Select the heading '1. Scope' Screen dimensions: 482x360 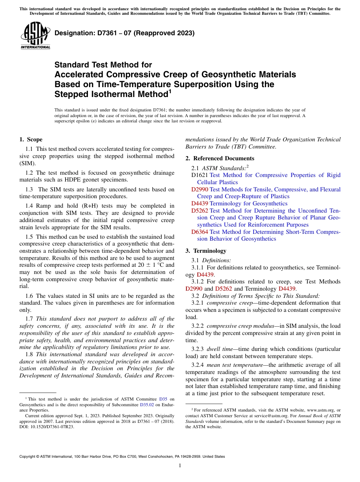tap(31, 139)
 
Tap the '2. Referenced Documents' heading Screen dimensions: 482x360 tap(220, 158)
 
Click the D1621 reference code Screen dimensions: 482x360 tap(200, 175)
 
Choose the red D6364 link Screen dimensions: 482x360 tap(200, 232)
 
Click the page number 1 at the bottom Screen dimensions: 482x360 tap(180, 466)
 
